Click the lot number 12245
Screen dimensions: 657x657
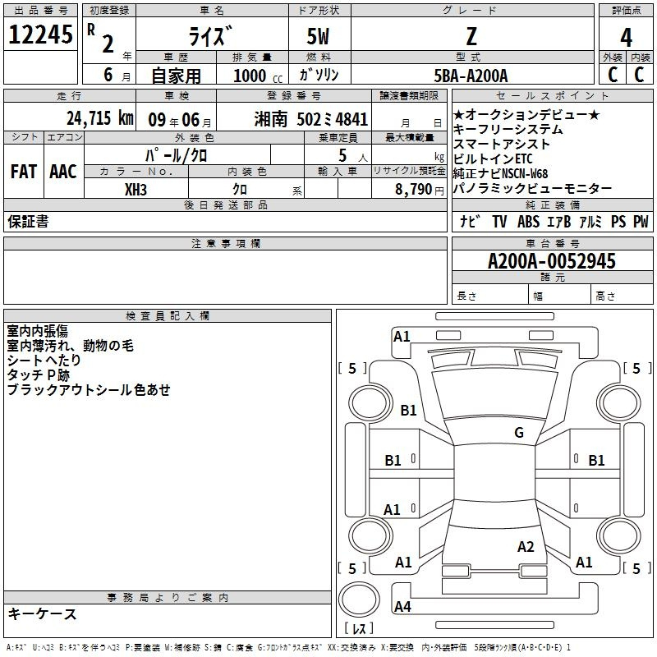point(40,34)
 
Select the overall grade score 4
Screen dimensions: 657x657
point(626,37)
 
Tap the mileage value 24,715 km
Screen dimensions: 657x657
point(100,118)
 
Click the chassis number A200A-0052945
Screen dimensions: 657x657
point(552,261)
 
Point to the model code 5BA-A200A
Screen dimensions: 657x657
point(471,76)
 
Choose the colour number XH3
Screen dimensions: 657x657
point(136,190)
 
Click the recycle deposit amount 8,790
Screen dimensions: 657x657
point(413,190)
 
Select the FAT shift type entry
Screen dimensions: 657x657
point(24,172)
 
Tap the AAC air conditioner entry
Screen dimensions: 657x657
point(63,172)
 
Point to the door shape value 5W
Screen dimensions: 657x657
point(318,36)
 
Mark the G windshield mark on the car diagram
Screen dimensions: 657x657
point(519,433)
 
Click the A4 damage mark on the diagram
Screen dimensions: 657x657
point(402,606)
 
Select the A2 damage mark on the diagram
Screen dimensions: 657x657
point(526,547)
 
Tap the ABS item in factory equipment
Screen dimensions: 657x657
point(528,222)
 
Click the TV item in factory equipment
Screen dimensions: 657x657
point(499,222)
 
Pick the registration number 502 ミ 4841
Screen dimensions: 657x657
point(333,120)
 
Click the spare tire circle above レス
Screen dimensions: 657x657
point(359,599)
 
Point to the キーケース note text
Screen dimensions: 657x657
point(43,613)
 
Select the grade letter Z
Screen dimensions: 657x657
point(471,36)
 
